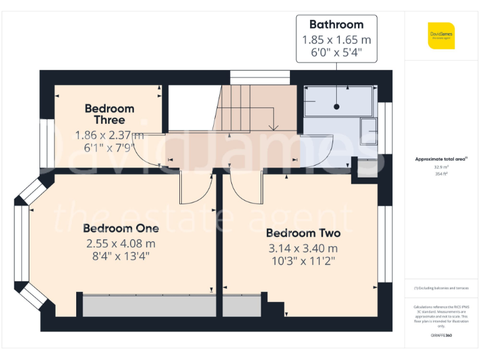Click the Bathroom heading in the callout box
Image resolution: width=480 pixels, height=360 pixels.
(x=336, y=25)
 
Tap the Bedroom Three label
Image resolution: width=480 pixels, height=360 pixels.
(x=109, y=114)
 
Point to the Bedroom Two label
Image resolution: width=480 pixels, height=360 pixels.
(x=303, y=233)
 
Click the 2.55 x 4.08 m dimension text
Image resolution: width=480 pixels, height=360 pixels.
(x=121, y=243)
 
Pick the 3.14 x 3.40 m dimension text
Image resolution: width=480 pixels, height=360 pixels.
(x=303, y=248)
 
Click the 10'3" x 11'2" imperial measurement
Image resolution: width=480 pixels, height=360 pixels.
(x=303, y=261)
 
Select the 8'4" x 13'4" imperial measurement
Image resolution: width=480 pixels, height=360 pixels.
(x=121, y=256)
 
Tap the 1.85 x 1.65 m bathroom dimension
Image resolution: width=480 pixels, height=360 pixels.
(x=336, y=40)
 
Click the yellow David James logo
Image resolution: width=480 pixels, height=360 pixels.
(x=441, y=36)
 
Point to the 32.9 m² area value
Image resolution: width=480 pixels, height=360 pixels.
(x=441, y=167)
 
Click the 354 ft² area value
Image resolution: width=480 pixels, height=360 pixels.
(x=441, y=174)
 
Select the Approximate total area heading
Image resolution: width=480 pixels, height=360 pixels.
(x=441, y=159)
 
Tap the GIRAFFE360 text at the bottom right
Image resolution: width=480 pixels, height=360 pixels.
(x=441, y=336)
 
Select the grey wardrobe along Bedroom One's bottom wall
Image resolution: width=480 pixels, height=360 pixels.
(x=147, y=306)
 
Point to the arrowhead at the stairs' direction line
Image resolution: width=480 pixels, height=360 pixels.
(x=272, y=128)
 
